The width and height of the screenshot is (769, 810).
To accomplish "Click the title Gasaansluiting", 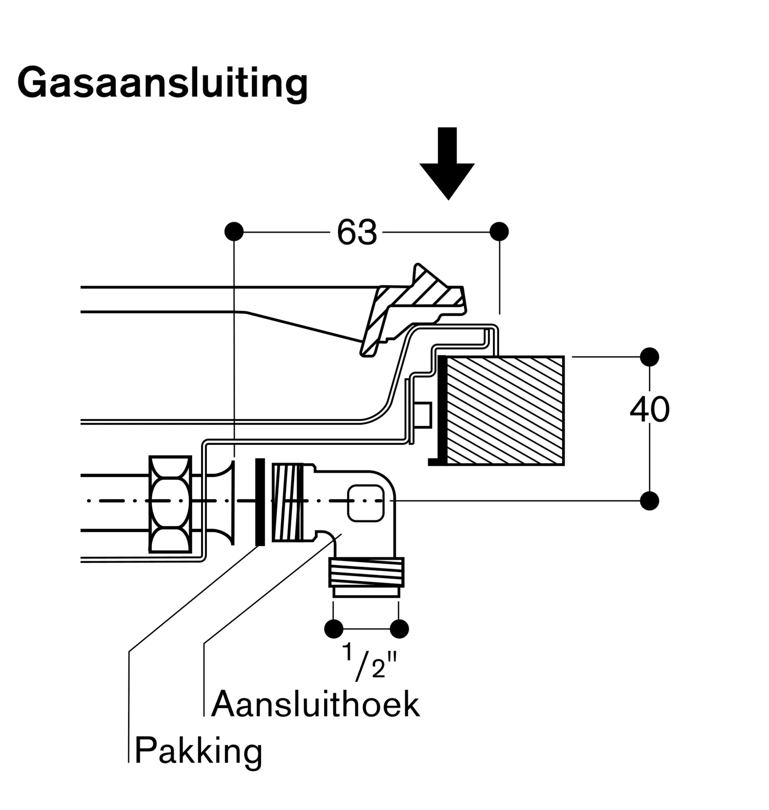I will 162,83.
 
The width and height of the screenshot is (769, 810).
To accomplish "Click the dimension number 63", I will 356,232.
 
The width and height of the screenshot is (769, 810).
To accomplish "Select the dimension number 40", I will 649,410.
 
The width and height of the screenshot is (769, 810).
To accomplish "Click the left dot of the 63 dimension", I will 234,232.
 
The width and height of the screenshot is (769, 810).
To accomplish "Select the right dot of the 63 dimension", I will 499,232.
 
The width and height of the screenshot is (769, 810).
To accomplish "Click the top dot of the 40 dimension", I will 649,357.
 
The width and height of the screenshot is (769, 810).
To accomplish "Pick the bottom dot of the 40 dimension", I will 649,501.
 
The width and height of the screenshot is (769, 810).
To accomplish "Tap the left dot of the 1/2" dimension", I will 333,629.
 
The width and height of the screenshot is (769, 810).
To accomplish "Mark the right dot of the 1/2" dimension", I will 399,629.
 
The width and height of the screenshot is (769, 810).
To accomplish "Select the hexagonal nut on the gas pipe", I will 170,504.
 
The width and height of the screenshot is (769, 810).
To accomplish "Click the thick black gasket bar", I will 260,502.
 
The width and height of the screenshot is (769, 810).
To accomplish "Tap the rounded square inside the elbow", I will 365,503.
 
